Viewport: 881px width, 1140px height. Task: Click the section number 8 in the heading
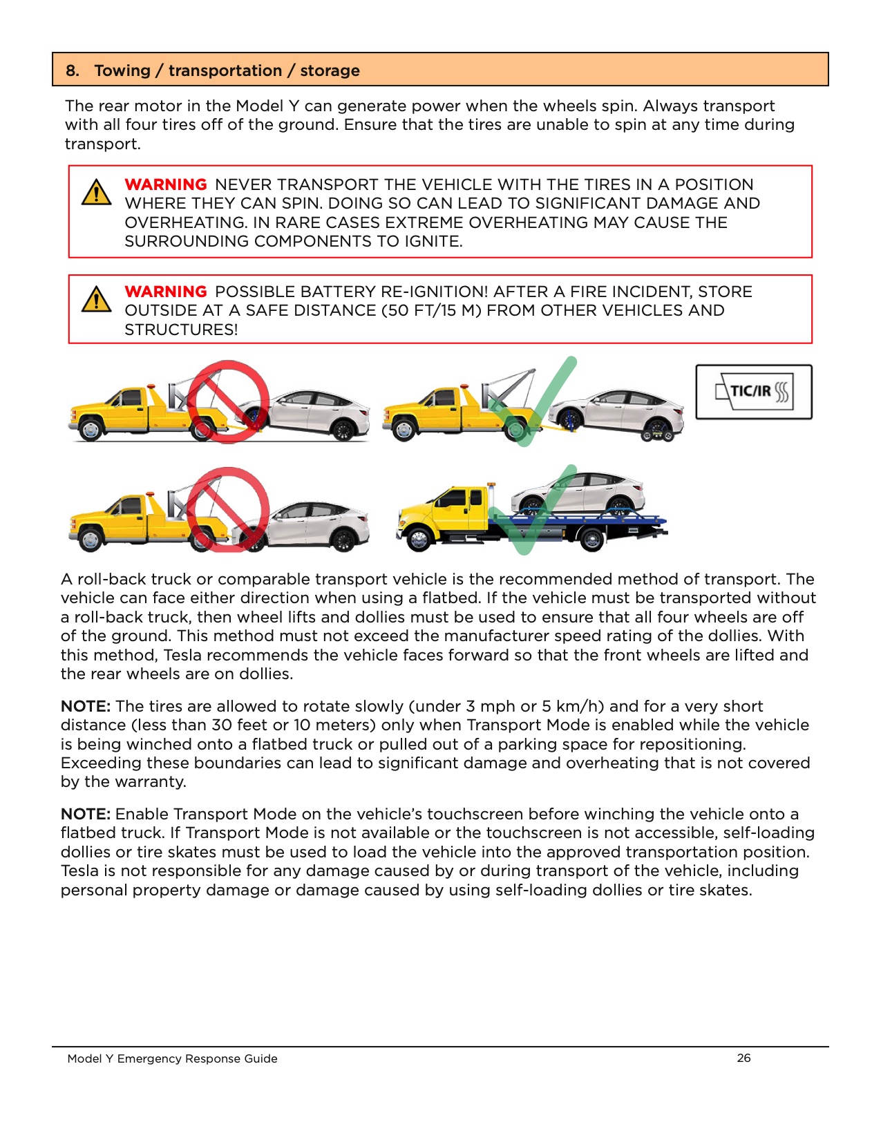coord(72,70)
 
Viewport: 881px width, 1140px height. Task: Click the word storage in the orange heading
coord(330,70)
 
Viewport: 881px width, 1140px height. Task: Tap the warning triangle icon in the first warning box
coord(96,192)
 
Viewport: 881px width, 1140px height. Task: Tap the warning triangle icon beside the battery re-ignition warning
coord(96,299)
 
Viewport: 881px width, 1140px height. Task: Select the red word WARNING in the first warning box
coord(166,184)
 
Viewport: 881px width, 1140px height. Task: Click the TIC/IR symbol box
coord(753,392)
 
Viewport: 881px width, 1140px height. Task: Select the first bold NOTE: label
coord(86,706)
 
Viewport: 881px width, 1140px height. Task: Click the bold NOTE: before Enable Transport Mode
coord(86,814)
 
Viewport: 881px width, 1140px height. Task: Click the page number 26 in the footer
coord(743,1058)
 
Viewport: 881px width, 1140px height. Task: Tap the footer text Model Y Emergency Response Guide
coord(172,1058)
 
